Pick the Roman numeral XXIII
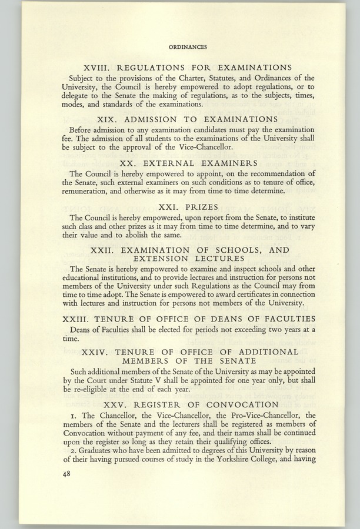(x=77, y=319)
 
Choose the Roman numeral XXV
(x=116, y=405)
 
